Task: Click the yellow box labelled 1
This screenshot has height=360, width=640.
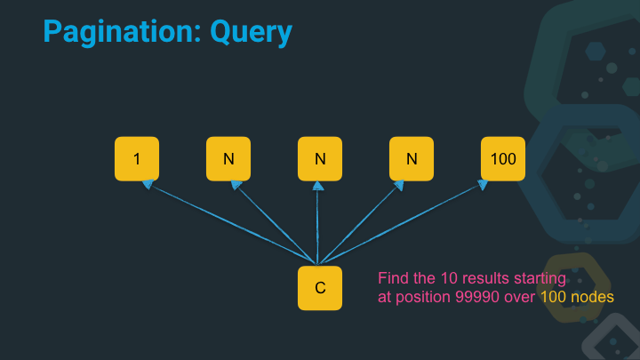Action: click(x=137, y=158)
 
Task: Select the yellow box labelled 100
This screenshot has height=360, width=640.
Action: click(x=503, y=158)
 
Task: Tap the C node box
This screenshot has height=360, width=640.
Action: click(x=320, y=288)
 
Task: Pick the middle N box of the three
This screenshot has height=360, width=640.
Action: click(x=320, y=158)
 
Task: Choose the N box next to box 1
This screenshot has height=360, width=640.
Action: click(x=228, y=158)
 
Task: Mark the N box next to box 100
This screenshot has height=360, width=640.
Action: click(x=412, y=158)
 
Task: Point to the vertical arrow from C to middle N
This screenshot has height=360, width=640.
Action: click(x=319, y=222)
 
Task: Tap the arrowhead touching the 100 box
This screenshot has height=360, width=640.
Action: click(x=484, y=185)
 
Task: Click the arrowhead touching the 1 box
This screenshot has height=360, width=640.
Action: click(x=148, y=185)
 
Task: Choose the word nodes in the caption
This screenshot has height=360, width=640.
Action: click(x=593, y=298)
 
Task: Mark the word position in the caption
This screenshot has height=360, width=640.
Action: click(x=420, y=298)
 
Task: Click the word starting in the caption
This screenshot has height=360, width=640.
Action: click(x=540, y=279)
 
